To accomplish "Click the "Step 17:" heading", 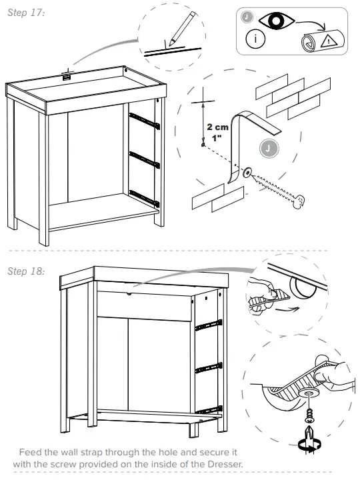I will click(26, 14).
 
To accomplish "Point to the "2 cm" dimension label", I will click(217, 126).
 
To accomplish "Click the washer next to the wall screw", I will click(247, 173).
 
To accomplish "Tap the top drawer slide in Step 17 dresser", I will click(145, 120).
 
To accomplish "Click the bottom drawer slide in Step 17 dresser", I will click(145, 197).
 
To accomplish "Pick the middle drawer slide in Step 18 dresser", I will click(209, 366).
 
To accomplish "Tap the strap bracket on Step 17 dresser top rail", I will click(67, 77).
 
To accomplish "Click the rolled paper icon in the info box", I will click(309, 41).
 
